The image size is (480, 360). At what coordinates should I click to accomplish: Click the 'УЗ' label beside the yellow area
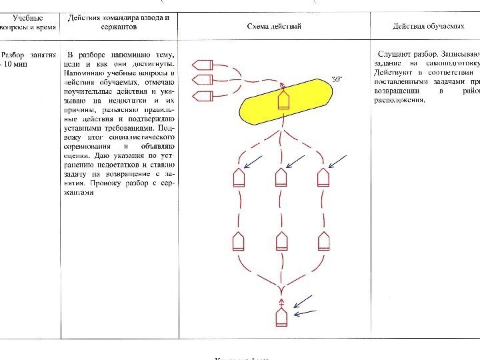point(337,80)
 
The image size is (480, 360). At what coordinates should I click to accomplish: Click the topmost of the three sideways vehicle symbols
point(202,65)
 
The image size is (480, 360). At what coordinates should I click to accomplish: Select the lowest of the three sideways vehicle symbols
point(202,96)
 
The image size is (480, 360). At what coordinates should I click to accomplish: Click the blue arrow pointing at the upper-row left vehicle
point(253,161)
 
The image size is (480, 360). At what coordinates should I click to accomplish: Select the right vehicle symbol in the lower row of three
point(324,241)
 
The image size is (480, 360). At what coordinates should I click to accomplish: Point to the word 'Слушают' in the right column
point(394,53)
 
